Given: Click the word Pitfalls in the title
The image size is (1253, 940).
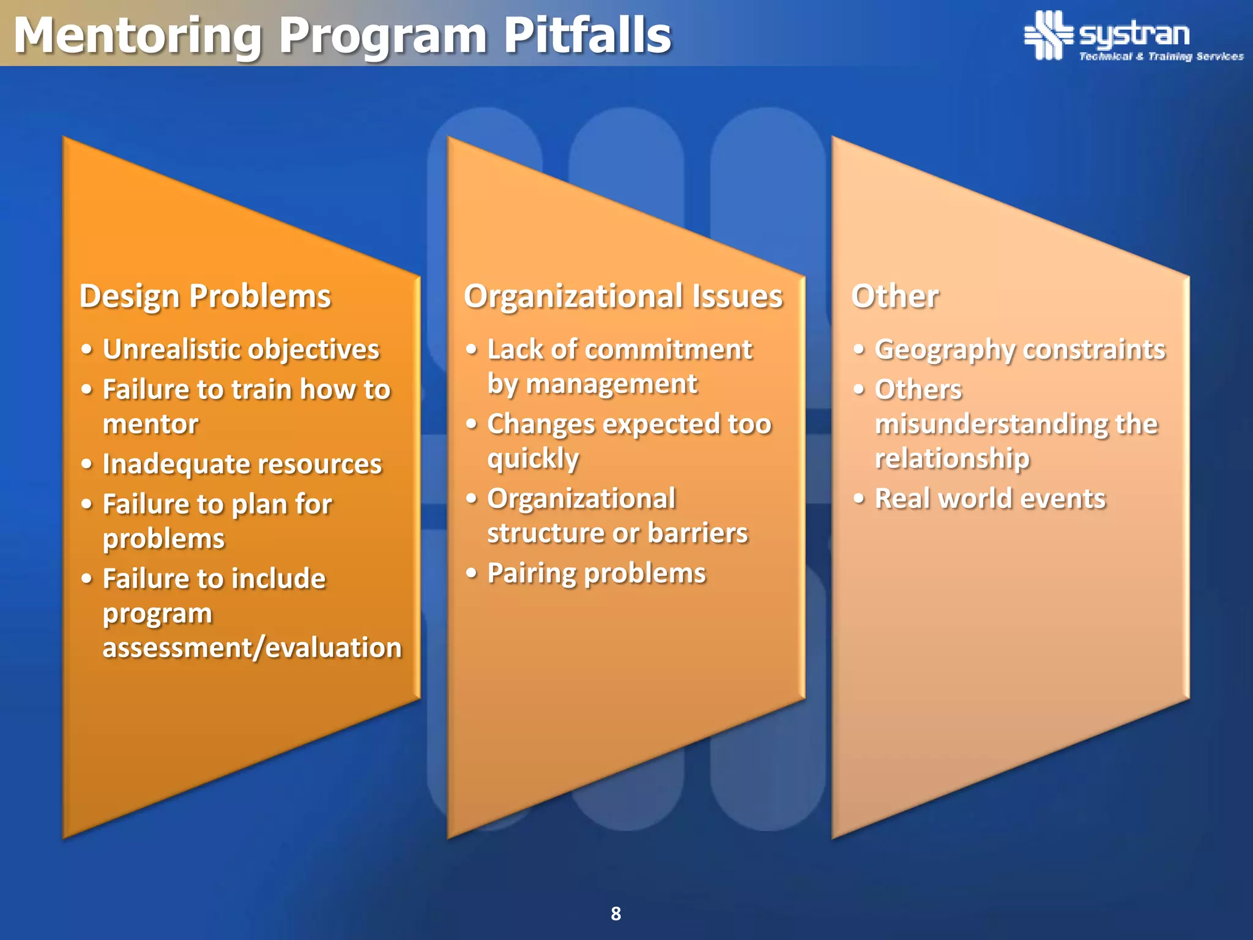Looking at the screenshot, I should [587, 35].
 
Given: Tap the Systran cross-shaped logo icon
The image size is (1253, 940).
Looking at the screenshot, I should [1048, 35].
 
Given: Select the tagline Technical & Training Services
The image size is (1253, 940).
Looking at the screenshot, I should [1161, 56].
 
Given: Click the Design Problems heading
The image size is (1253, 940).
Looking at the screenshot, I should [205, 296].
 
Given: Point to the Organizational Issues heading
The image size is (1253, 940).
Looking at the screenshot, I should [623, 296].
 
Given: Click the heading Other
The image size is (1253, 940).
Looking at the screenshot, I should [894, 296].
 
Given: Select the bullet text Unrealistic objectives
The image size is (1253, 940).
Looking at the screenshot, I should [241, 349].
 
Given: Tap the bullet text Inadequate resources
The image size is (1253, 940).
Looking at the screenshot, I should [242, 464].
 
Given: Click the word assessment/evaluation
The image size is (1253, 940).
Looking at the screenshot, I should [252, 647].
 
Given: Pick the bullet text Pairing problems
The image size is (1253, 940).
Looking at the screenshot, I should [597, 573].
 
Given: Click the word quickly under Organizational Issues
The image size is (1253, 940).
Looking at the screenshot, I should [533, 458].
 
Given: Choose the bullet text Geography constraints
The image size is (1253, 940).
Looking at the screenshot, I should [1020, 349].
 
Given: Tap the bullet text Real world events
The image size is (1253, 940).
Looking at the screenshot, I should [990, 498].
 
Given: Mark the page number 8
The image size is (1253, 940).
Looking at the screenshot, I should [616, 914].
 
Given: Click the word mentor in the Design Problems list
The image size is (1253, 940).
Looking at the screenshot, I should [151, 424].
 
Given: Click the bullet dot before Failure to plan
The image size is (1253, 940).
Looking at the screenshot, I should [87, 504].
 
